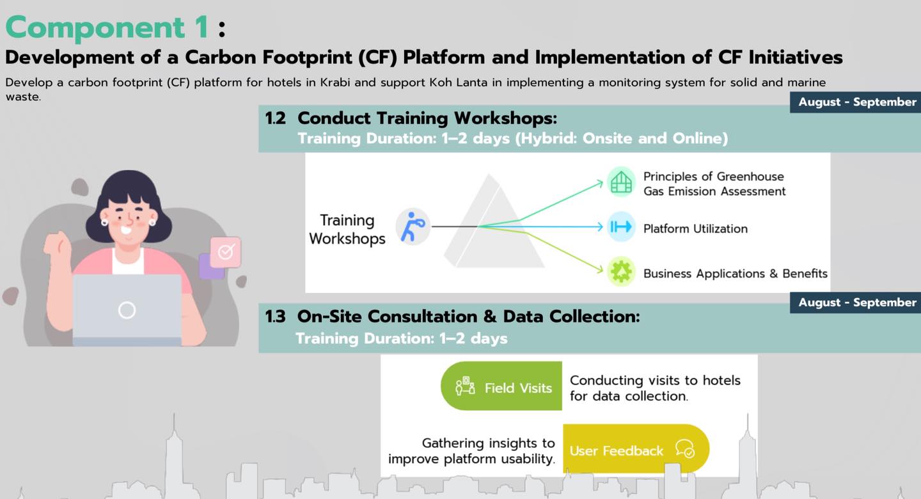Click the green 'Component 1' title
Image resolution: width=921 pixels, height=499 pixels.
coord(107,28)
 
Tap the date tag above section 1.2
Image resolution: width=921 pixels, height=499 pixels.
coord(856,102)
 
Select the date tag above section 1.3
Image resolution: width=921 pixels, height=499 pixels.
coord(856,303)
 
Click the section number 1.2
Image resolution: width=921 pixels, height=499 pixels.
coord(276,118)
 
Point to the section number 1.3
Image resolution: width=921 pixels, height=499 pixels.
coord(276,317)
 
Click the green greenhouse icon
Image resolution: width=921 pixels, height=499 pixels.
coord(620,182)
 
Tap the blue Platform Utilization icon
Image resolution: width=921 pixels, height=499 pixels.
coord(620,226)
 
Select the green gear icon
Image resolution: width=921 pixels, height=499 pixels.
coord(620,272)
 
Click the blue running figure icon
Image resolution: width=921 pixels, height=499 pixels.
coord(412,226)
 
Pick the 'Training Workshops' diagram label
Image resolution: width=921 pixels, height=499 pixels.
coord(347,229)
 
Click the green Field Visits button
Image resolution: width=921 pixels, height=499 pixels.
coord(501,386)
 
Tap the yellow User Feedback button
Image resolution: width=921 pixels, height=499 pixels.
coord(635,449)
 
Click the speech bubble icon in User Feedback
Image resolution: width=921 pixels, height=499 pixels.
coord(684,448)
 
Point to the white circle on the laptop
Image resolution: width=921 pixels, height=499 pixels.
coord(127,310)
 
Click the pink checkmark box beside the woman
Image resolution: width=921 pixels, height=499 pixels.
coord(226,252)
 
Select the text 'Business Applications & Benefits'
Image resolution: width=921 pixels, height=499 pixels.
coord(735,274)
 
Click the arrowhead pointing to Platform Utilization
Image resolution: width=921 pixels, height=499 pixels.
coord(599,226)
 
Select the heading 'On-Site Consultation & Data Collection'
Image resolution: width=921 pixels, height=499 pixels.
coord(468,317)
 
